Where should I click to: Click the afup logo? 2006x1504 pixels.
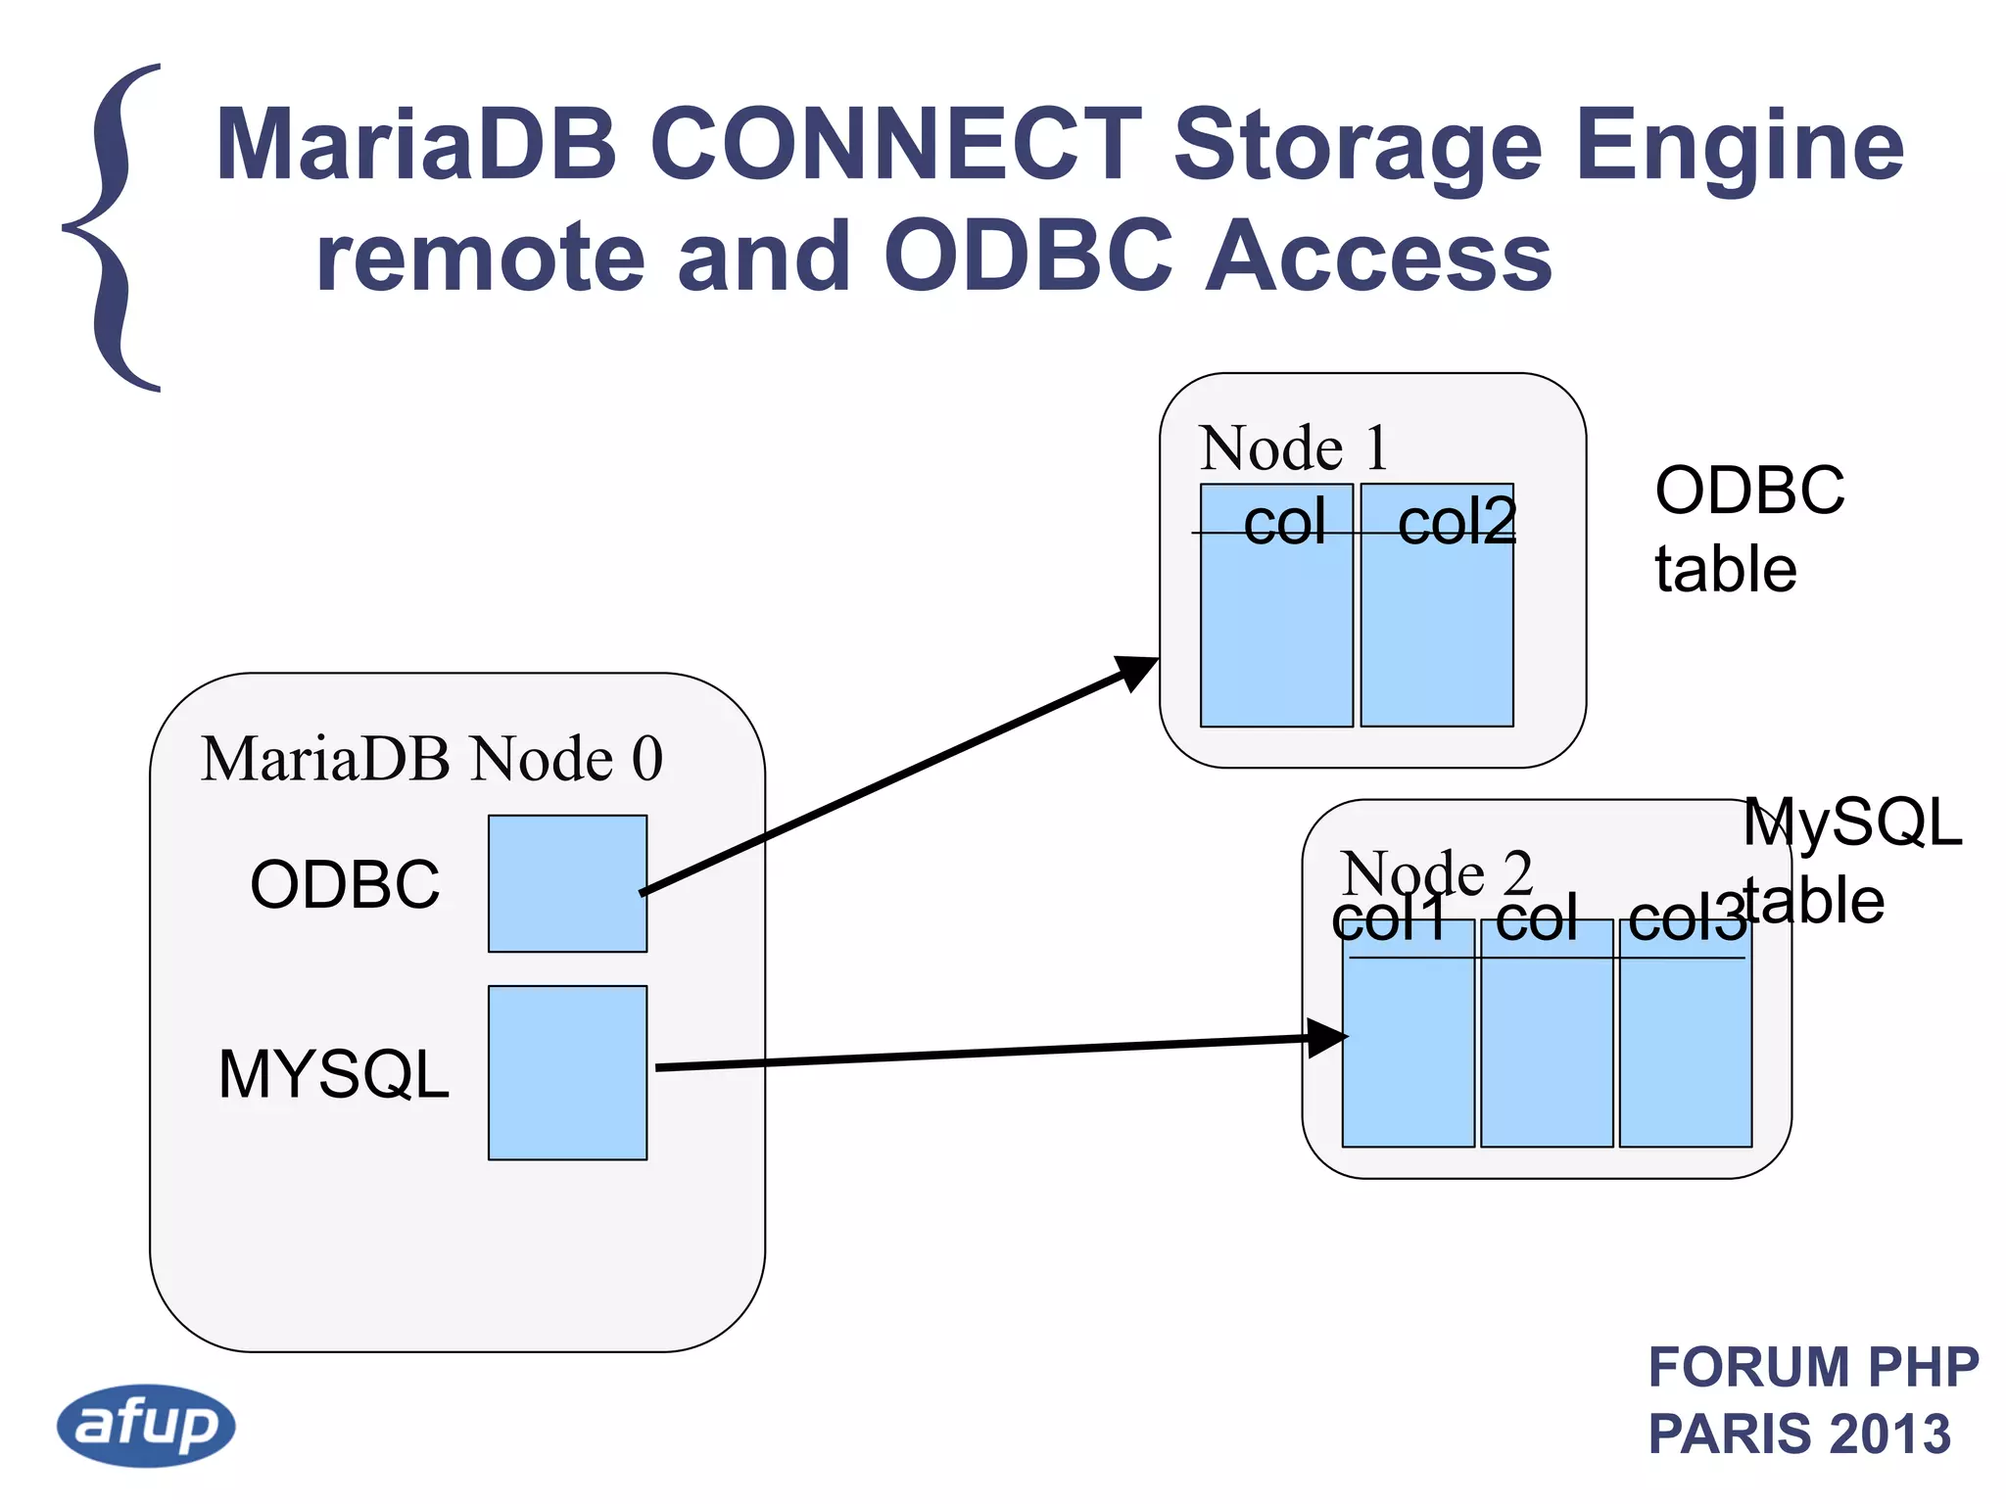click(x=146, y=1425)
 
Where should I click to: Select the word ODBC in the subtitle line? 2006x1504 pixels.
click(x=1027, y=257)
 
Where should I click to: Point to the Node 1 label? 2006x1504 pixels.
click(x=1293, y=448)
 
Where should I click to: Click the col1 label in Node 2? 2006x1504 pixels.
click(x=1389, y=920)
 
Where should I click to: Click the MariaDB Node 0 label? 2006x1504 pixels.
click(x=432, y=759)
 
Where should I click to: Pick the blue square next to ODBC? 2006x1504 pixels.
click(x=567, y=883)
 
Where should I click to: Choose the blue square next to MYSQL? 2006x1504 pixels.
click(x=567, y=1072)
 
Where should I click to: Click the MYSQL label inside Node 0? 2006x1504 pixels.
click(x=334, y=1074)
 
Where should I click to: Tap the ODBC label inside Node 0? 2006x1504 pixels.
click(x=345, y=884)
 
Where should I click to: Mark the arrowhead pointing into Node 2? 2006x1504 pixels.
click(x=1326, y=1038)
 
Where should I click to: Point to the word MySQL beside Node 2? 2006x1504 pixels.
click(x=1851, y=822)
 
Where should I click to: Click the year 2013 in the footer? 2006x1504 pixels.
click(x=1889, y=1433)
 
